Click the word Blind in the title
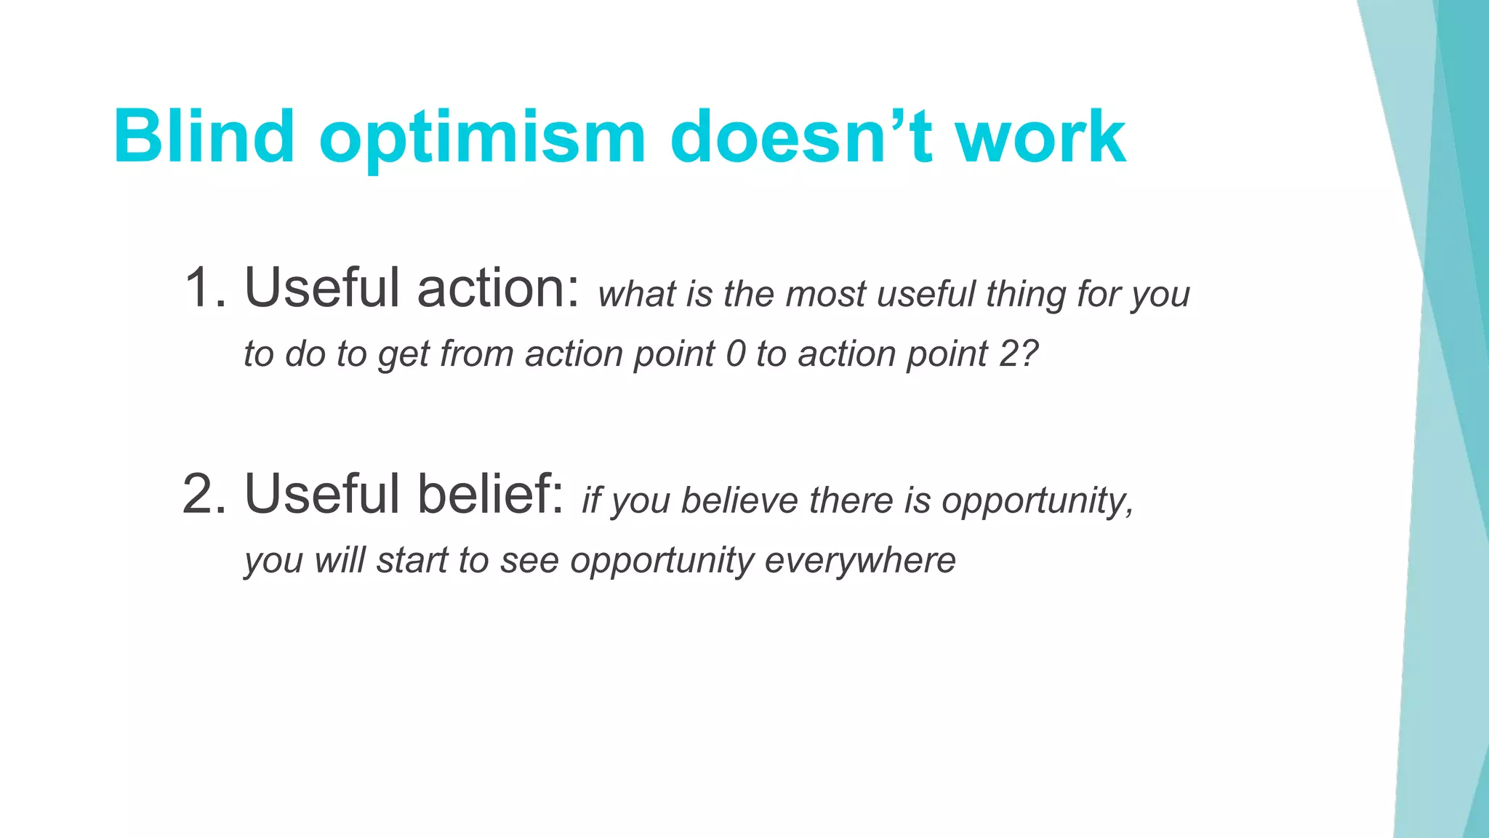tap(204, 137)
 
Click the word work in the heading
tap(1040, 137)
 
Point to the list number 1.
tap(203, 288)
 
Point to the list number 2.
tap(203, 495)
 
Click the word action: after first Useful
tap(498, 288)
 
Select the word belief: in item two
tap(491, 495)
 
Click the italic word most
tap(826, 295)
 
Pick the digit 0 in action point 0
tap(736, 355)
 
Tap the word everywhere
tap(860, 561)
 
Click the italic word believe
tap(739, 501)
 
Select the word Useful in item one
tap(322, 288)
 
